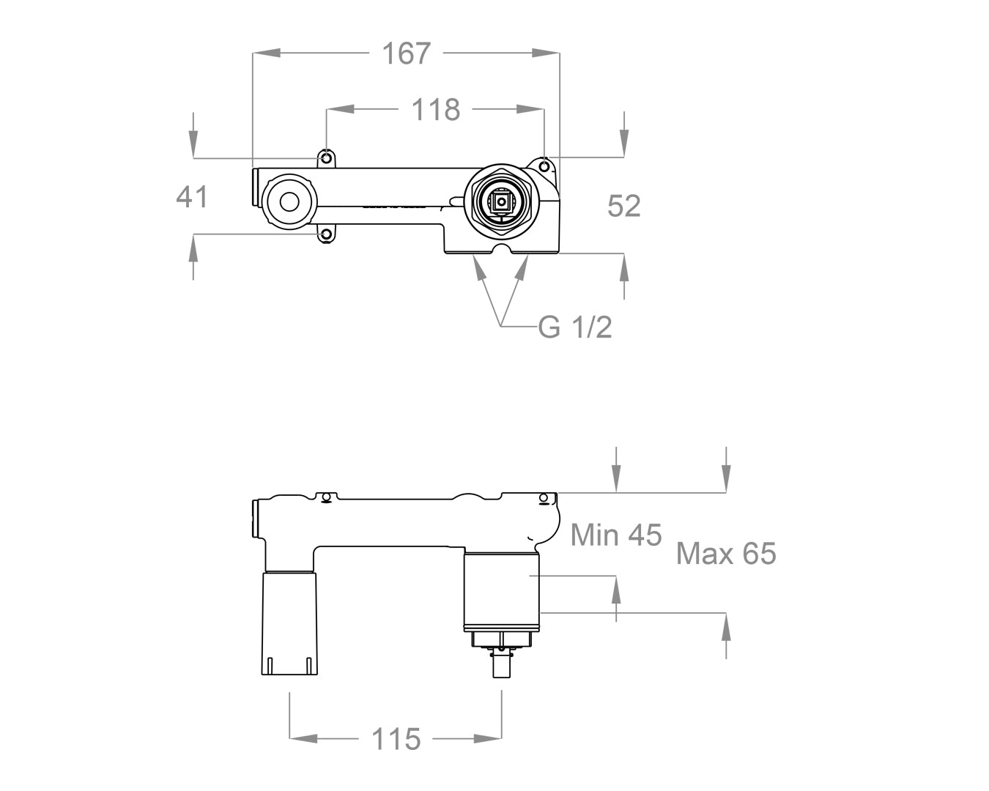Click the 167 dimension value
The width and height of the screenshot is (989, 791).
(407, 53)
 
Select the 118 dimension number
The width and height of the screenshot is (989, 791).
(435, 110)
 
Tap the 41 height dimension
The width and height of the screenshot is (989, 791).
(192, 196)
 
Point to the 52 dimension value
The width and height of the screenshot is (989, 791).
(623, 206)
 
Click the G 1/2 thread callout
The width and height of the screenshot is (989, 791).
(574, 327)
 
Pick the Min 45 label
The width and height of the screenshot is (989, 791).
(615, 535)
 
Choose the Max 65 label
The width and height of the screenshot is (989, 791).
(725, 553)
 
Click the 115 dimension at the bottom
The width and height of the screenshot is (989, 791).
(396, 739)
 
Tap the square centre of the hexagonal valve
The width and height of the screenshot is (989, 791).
(502, 202)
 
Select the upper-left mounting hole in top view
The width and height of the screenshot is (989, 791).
(326, 157)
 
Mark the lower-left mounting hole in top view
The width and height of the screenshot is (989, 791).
(326, 234)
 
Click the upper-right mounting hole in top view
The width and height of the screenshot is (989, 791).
(544, 166)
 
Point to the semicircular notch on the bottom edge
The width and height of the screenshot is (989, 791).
(502, 250)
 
